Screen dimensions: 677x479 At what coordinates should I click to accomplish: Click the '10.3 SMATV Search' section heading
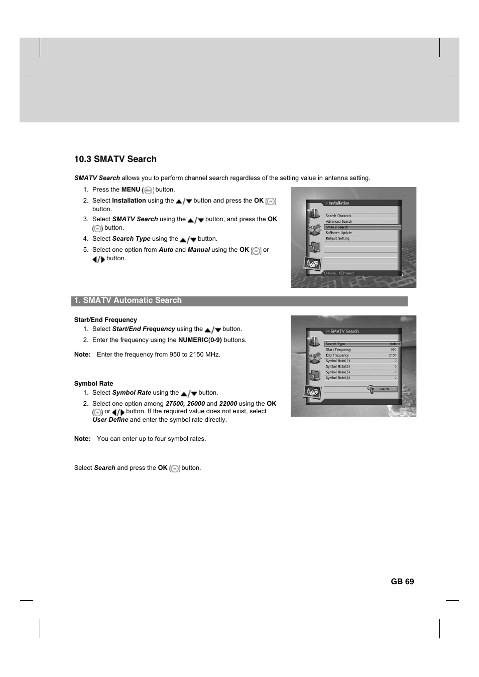click(115, 159)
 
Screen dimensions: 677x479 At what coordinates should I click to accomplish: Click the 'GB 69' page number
click(402, 581)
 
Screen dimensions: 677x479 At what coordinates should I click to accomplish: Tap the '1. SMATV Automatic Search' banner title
click(128, 300)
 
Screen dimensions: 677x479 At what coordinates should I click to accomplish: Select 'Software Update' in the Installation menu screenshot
click(339, 233)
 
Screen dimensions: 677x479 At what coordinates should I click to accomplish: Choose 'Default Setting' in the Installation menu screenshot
click(337, 238)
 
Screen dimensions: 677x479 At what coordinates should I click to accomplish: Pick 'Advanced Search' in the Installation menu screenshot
click(339, 221)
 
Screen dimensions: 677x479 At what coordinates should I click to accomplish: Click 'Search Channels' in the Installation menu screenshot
click(338, 216)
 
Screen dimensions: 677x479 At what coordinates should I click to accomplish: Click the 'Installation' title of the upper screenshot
click(339, 203)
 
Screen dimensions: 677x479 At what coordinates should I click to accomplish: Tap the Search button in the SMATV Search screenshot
click(384, 389)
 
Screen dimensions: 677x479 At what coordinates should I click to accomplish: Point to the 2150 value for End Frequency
click(393, 355)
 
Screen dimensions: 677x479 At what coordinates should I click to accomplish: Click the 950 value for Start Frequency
click(394, 350)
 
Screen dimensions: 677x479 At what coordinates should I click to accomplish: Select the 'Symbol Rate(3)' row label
click(338, 372)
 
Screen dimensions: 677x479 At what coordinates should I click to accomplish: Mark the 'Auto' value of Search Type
click(393, 344)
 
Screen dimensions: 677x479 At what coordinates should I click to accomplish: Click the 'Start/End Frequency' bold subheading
click(105, 320)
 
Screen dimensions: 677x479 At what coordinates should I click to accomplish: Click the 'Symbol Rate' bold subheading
click(93, 384)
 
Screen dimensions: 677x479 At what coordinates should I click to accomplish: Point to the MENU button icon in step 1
click(148, 190)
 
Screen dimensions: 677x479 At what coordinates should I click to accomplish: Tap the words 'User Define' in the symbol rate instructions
click(110, 420)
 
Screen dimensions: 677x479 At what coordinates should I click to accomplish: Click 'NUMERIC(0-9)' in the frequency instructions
click(200, 340)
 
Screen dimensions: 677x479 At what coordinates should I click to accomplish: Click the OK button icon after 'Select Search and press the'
click(175, 468)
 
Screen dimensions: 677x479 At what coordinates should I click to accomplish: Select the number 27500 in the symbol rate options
click(175, 404)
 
